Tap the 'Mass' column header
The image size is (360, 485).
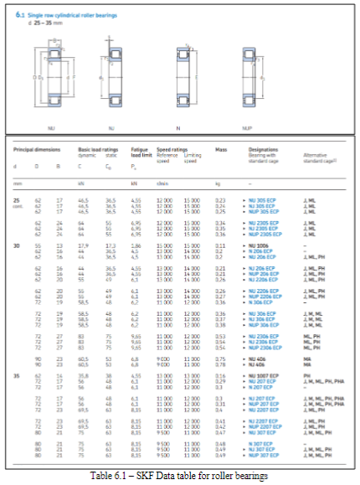220,151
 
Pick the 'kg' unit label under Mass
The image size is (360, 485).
218,183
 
